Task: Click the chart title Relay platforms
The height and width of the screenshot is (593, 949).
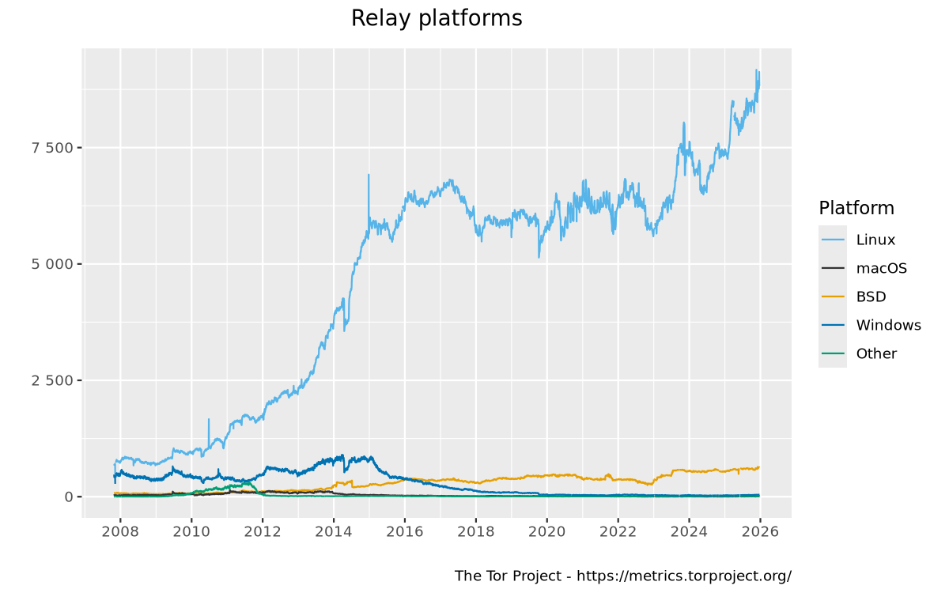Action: [437, 18]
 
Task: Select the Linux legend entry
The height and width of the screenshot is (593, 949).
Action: [875, 240]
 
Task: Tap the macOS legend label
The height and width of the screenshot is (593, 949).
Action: [881, 268]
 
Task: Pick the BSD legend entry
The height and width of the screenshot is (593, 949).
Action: [871, 296]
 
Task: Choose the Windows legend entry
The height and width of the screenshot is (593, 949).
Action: [888, 325]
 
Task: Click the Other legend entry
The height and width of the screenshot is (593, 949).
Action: [876, 353]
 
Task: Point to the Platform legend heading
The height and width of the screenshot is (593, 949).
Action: [856, 208]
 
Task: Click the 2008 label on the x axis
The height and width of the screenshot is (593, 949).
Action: [120, 531]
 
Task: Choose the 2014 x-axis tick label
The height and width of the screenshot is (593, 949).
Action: [333, 531]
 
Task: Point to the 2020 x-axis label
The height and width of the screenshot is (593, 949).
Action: [546, 531]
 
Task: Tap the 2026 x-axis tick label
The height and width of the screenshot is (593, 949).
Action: [759, 531]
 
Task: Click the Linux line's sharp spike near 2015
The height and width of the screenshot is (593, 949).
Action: [369, 176]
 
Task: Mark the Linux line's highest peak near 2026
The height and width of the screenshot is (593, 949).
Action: [756, 70]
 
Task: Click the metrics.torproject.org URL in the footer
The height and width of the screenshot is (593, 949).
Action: [683, 576]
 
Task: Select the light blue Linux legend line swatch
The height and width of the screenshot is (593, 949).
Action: [833, 240]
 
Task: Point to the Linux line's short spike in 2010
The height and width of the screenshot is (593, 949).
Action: [209, 420]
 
